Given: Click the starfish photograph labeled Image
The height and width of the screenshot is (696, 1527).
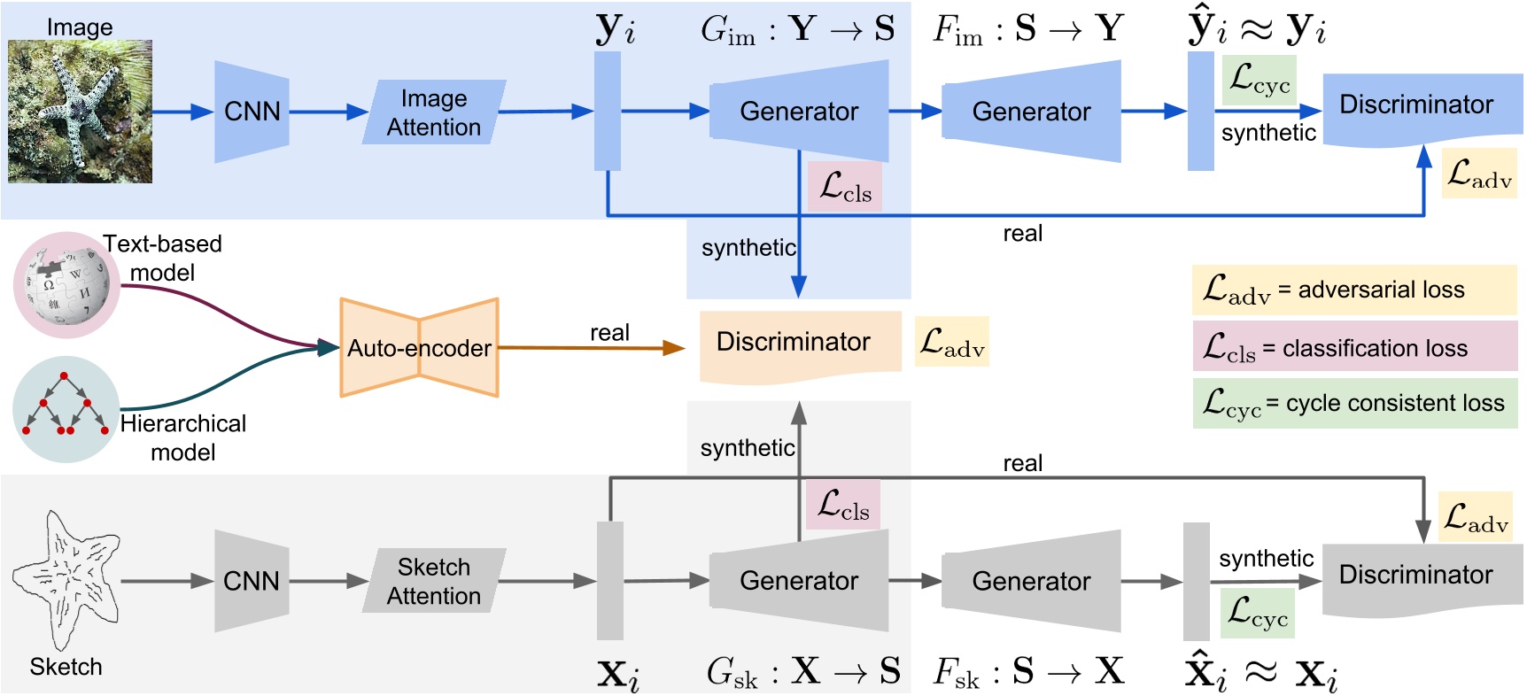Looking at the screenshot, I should coord(80,112).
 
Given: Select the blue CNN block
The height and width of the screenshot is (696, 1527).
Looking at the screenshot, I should coord(252,112).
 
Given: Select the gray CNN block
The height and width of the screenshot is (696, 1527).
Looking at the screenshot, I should coord(252,581).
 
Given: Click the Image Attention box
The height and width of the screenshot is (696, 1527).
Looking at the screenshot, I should coord(434,112).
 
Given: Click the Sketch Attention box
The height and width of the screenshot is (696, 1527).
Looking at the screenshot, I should coord(434,581).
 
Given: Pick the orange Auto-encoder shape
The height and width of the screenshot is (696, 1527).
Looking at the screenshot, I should coord(419,348).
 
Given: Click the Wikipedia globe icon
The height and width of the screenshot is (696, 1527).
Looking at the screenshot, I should coord(66,285).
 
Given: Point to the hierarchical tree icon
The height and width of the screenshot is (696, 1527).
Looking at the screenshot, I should coord(66,409).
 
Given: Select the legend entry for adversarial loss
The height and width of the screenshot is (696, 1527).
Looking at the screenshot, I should coord(1353,290).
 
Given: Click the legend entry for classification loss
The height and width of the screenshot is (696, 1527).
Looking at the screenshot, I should coord(1353,346).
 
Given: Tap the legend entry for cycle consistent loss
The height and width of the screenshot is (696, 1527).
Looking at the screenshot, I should coord(1353,404).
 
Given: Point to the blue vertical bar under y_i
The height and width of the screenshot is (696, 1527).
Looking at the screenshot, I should coord(608,111).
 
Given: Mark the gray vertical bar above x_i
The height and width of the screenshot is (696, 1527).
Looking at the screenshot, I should coord(609,580).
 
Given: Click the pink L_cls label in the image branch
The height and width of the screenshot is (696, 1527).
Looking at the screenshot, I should coord(845,187).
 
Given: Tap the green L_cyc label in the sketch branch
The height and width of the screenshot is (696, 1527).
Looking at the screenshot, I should coord(1258,613).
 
